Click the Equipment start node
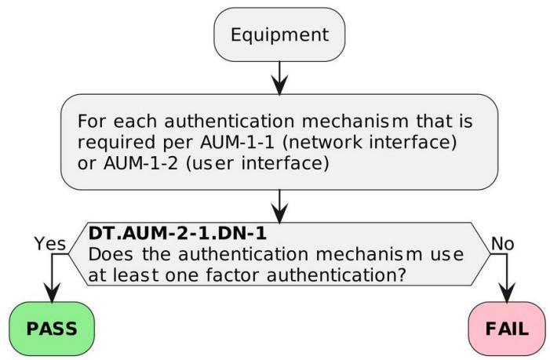[279, 35]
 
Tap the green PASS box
[52, 329]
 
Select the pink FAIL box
[507, 329]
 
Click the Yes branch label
[49, 243]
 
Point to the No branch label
[503, 244]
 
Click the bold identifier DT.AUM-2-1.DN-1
[177, 233]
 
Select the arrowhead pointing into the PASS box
[52, 293]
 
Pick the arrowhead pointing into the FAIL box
[507, 293]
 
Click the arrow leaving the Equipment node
[279, 78]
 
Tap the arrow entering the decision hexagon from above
[279, 206]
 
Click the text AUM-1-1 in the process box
[237, 142]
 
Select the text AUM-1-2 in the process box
[140, 163]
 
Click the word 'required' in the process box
[116, 143]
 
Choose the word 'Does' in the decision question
[111, 254]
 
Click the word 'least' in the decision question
[136, 275]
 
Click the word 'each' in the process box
[135, 122]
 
